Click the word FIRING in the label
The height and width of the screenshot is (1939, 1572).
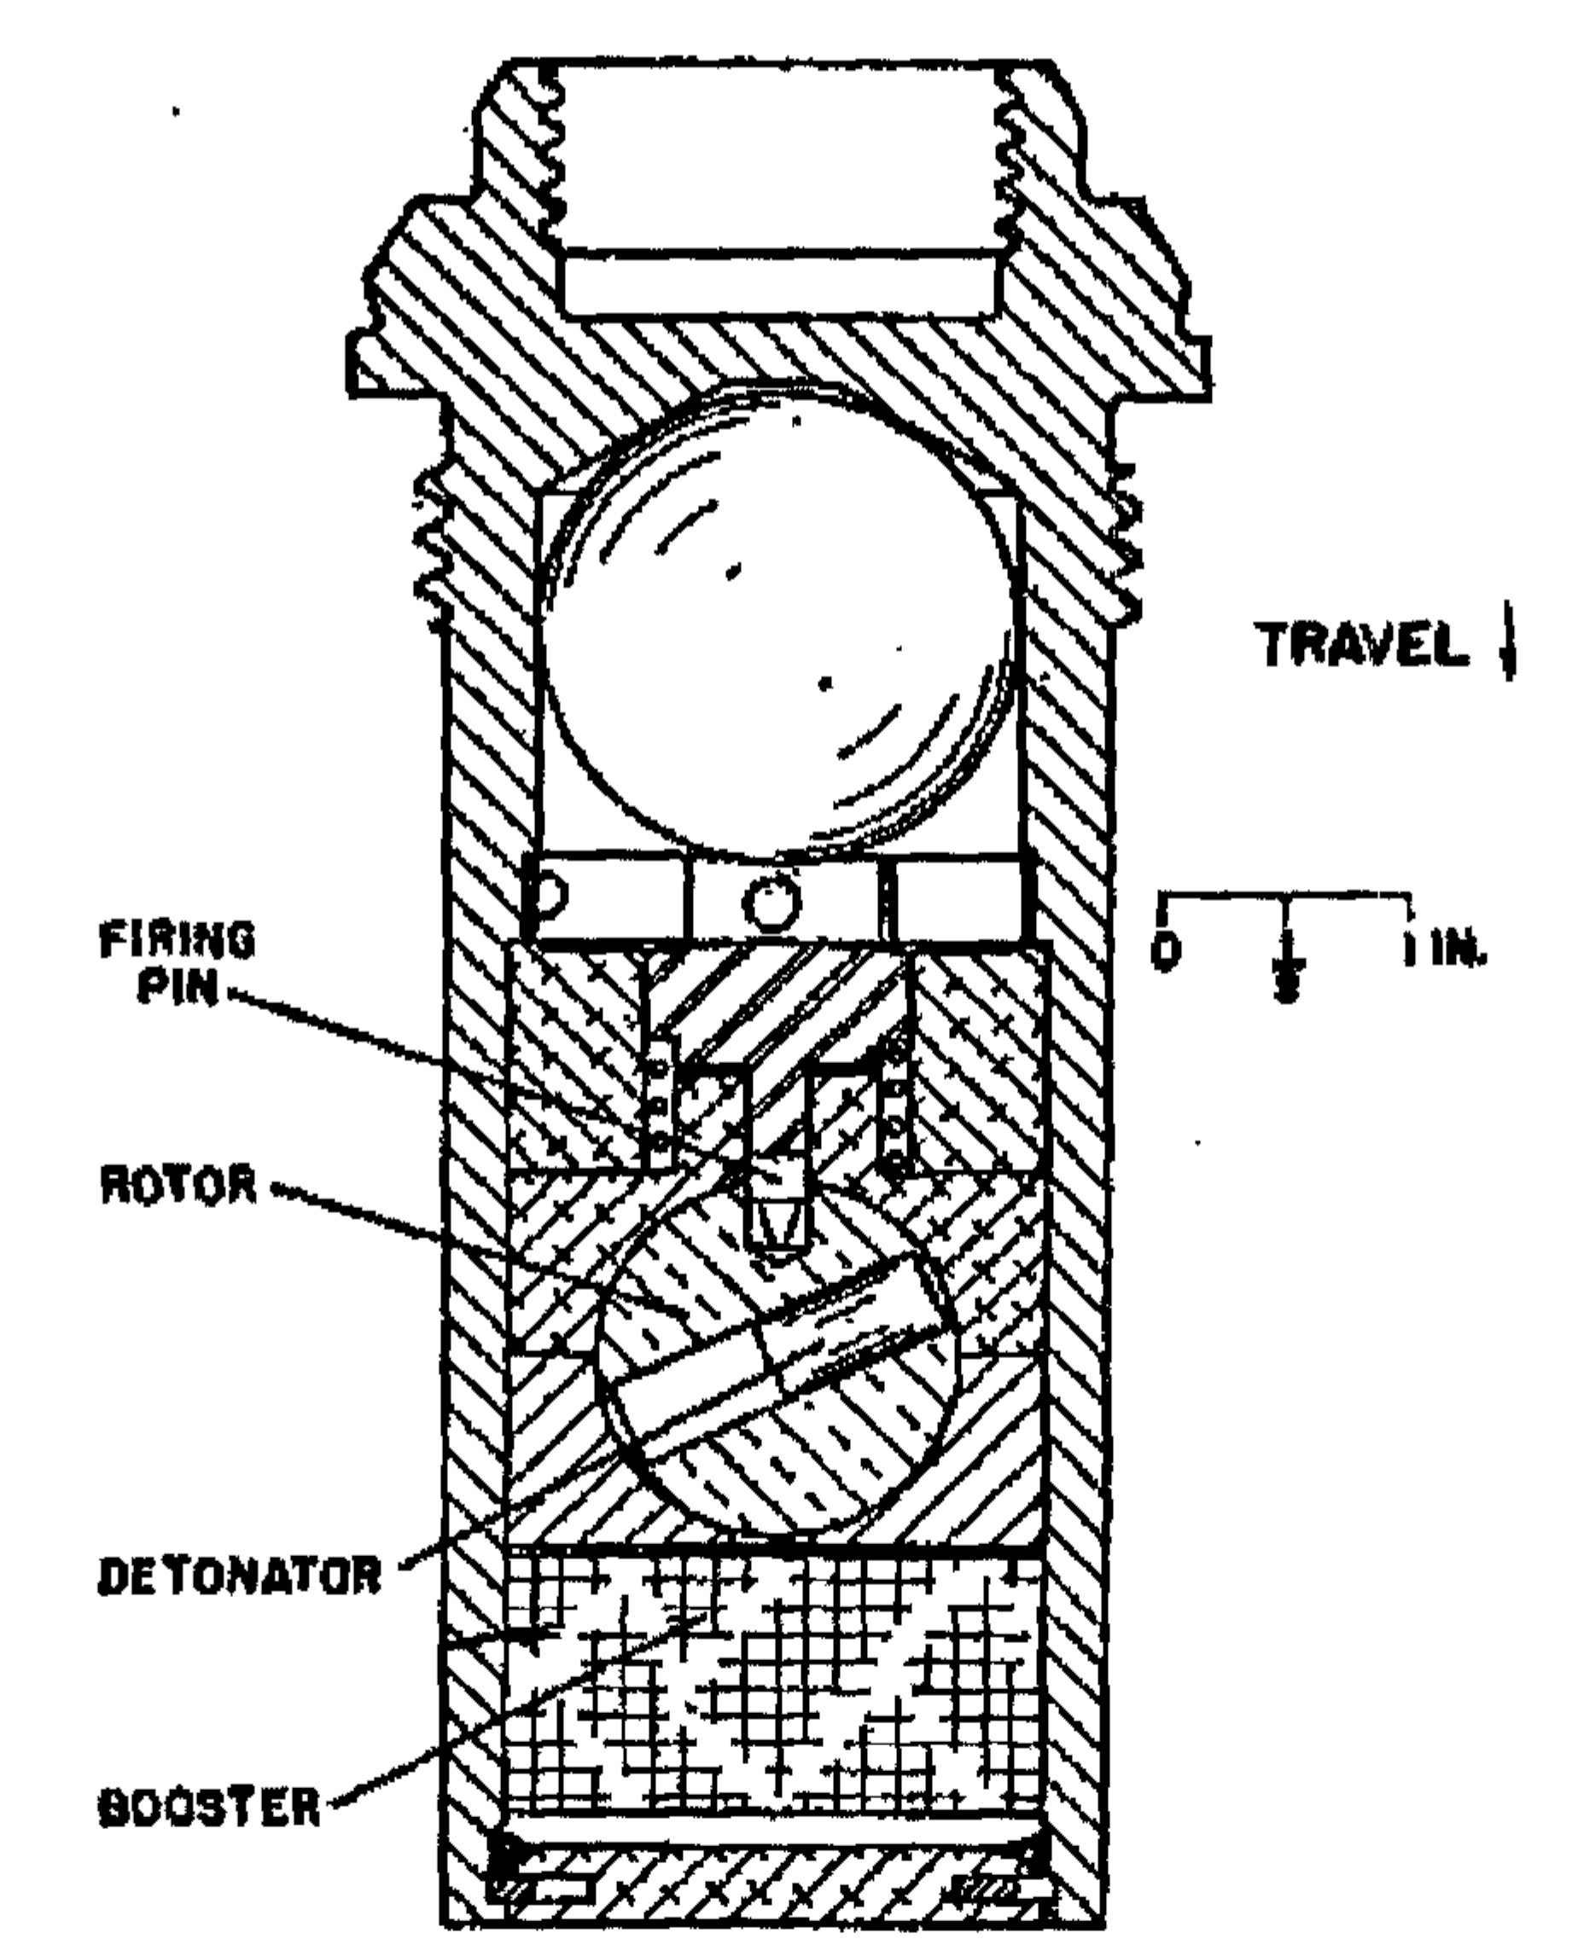click(x=177, y=942)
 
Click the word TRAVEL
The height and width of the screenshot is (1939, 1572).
click(x=1365, y=646)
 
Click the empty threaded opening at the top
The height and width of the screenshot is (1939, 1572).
click(x=780, y=190)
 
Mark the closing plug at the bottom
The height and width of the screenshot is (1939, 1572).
click(x=774, y=1861)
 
